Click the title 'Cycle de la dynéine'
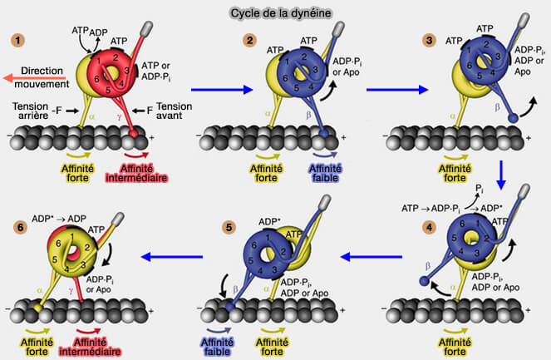[275, 14]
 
